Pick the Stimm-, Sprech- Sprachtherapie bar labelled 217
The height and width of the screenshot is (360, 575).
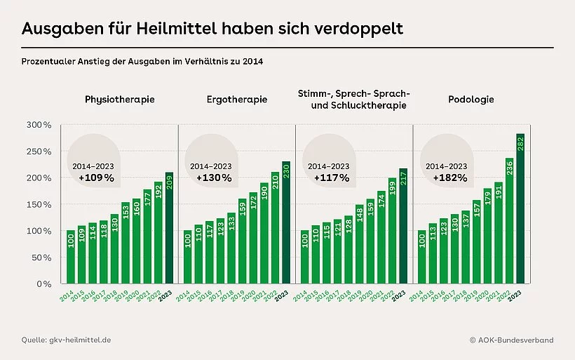pyautogui.click(x=402, y=226)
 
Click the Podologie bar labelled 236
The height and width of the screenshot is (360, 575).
pyautogui.click(x=508, y=221)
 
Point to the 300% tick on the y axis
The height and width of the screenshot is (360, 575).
pyautogui.click(x=39, y=125)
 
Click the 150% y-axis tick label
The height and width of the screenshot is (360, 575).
pyautogui.click(x=39, y=204)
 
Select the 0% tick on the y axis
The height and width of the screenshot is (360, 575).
pyautogui.click(x=43, y=284)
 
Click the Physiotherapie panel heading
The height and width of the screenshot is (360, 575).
pyautogui.click(x=119, y=100)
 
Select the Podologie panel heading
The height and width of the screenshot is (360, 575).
pyautogui.click(x=471, y=100)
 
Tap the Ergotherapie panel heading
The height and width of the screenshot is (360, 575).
pyautogui.click(x=237, y=100)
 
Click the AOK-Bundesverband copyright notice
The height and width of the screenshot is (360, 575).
pyautogui.click(x=511, y=340)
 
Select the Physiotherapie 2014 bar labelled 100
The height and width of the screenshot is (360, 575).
pyautogui.click(x=71, y=257)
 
